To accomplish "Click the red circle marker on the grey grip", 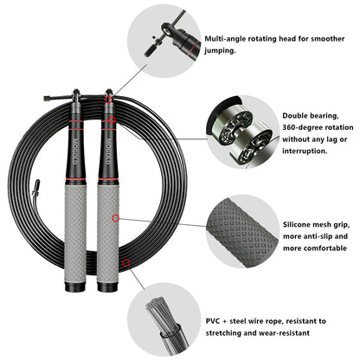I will [115, 219].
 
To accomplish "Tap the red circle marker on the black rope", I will [127, 261].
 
